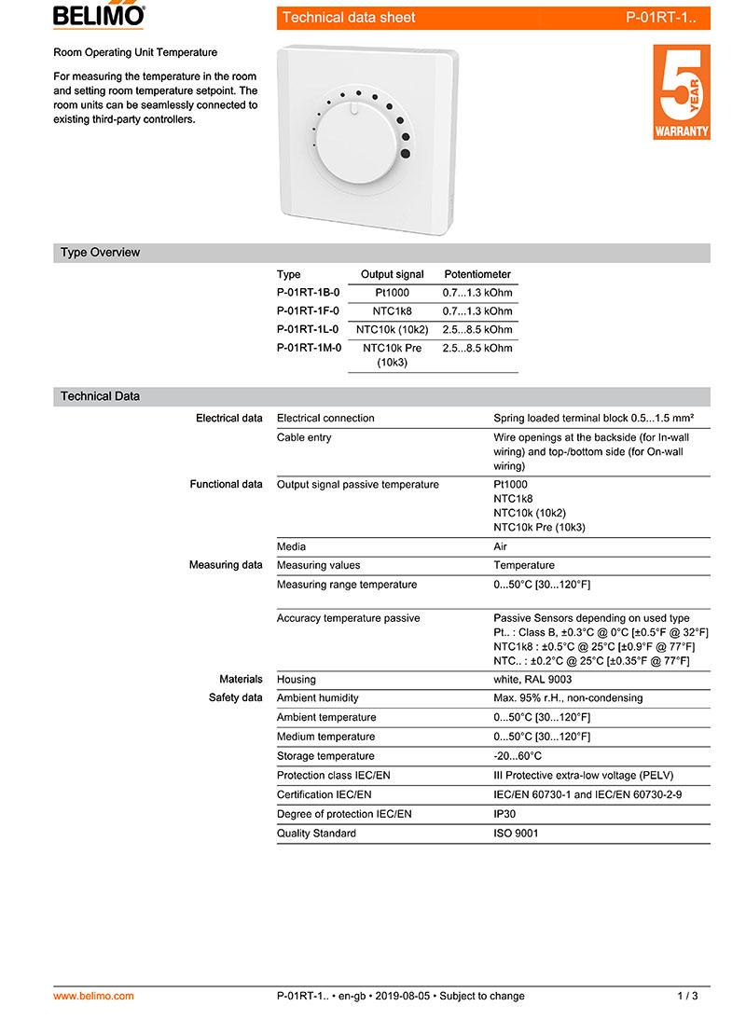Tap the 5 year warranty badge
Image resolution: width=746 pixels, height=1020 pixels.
(x=681, y=92)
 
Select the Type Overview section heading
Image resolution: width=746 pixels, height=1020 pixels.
(x=100, y=253)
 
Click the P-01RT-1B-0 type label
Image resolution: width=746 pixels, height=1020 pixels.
(x=308, y=293)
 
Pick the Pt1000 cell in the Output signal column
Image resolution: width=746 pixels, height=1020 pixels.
(x=392, y=293)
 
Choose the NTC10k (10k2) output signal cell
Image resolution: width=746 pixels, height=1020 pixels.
(x=392, y=330)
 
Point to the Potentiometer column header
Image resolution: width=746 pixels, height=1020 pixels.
(x=477, y=274)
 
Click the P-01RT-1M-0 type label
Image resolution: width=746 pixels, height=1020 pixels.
(x=309, y=348)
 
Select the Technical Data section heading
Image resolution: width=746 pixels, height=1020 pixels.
(x=100, y=396)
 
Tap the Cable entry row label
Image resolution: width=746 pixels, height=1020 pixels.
(x=304, y=437)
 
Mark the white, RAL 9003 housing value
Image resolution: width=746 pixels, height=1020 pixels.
(x=532, y=680)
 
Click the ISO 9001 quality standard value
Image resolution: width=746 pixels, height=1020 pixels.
(x=516, y=834)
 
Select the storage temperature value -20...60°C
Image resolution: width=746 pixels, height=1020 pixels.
(x=518, y=756)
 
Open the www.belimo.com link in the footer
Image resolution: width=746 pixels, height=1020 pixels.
(x=93, y=996)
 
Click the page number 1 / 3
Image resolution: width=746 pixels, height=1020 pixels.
(x=687, y=996)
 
